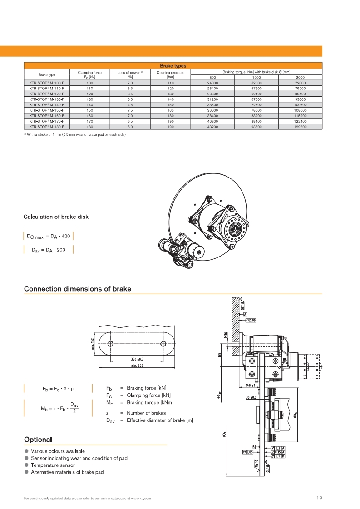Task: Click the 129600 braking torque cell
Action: (x=300, y=128)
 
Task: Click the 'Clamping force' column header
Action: (x=89, y=72)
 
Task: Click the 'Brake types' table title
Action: (x=173, y=66)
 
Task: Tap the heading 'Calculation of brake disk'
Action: (x=56, y=217)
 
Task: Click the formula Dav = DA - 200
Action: (x=48, y=250)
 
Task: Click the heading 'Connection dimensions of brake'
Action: (x=78, y=289)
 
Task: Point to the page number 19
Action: (x=319, y=498)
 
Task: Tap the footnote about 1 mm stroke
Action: (x=75, y=135)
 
